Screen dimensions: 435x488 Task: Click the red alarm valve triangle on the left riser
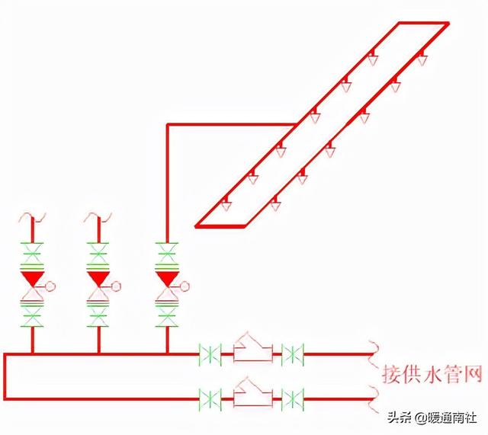[x=32, y=278]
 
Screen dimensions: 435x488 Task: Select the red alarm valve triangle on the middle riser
[x=98, y=278]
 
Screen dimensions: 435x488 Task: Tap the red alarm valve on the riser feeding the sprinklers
[x=166, y=278]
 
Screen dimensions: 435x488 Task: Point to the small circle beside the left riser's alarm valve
[x=50, y=286]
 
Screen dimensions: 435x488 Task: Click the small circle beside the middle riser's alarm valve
[x=117, y=286]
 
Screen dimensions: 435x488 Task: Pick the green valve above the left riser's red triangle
[x=32, y=251]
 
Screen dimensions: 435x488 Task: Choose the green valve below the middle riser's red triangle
[x=98, y=313]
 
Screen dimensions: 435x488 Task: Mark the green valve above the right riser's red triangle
[x=166, y=251]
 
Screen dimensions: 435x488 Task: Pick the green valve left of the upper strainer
[x=210, y=353]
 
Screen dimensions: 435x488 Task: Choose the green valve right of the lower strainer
[x=292, y=398]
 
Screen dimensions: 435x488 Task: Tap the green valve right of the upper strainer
[x=292, y=353]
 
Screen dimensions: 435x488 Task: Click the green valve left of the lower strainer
[x=210, y=398]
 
